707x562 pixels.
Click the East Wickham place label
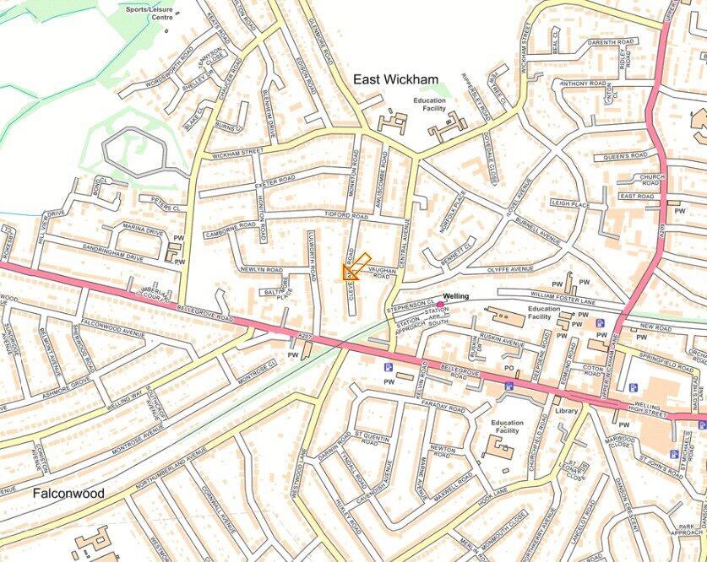(395, 79)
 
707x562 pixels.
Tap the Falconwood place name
(68, 493)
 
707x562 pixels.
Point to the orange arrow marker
(356, 267)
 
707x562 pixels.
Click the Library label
(565, 411)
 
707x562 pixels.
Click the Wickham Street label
(238, 154)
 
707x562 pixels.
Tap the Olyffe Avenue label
(511, 268)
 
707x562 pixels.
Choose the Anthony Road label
(585, 84)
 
